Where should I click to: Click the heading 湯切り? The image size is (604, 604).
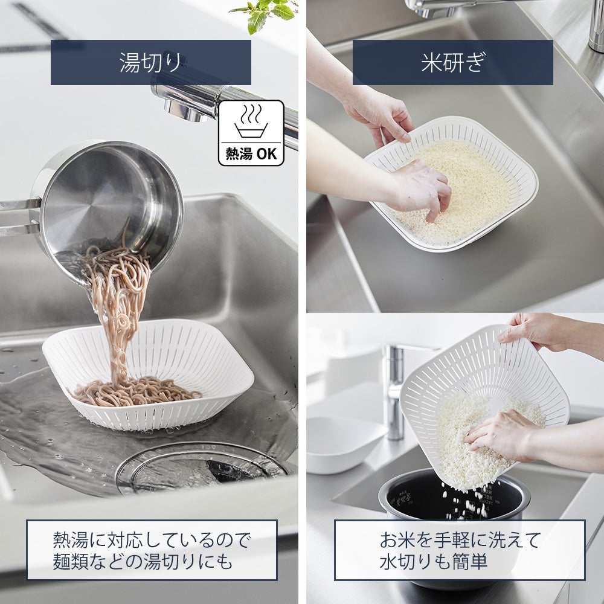pos(150,62)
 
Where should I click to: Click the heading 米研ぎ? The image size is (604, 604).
pos(453,62)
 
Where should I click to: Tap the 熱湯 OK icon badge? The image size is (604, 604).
pos(251,133)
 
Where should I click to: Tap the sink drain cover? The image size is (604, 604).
pos(202,468)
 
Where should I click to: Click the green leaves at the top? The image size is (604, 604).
pos(266,13)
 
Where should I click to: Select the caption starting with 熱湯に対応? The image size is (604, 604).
pos(152,550)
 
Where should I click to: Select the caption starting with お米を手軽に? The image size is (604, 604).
pos(460,550)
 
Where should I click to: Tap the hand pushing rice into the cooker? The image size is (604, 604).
pos(497,435)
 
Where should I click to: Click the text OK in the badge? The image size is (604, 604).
pos(266,154)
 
